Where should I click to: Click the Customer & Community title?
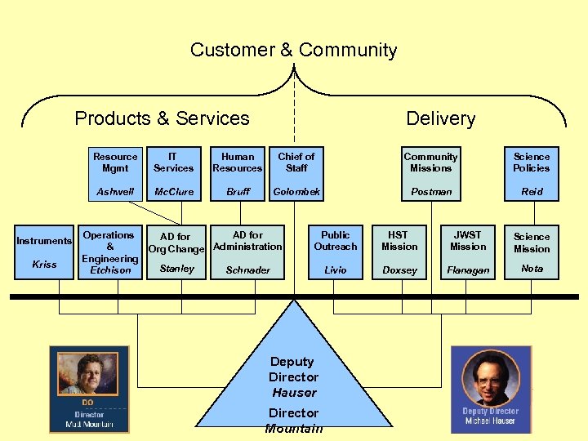click(x=293, y=50)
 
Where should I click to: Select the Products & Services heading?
click(x=162, y=118)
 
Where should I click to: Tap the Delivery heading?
click(x=440, y=118)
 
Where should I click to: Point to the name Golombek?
click(x=296, y=192)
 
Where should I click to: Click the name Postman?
click(x=431, y=192)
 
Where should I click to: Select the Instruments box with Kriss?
click(x=44, y=252)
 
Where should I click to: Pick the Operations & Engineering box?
click(x=110, y=252)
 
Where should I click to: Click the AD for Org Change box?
click(x=176, y=252)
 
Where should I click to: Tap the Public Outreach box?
click(x=335, y=252)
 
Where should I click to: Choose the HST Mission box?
click(x=399, y=252)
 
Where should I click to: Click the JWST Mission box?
click(x=468, y=252)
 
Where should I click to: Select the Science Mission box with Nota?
click(x=532, y=252)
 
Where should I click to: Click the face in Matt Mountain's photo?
click(x=89, y=371)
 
